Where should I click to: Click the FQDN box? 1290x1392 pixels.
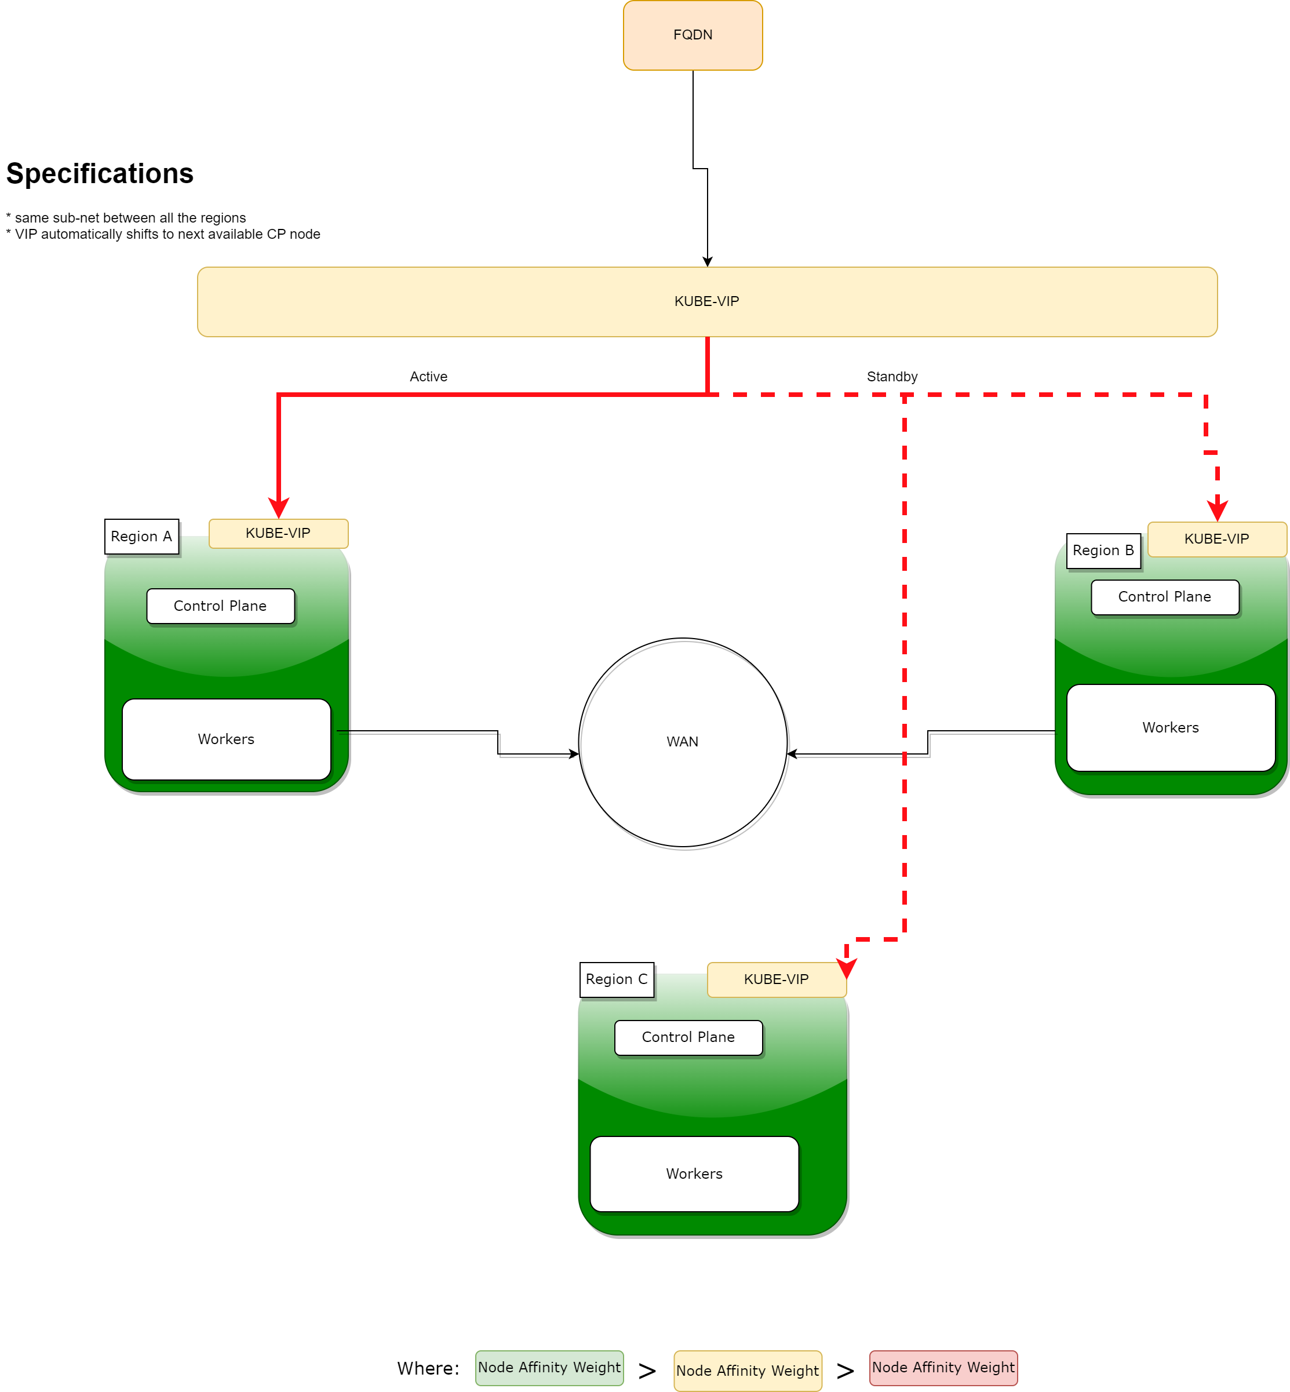pos(693,35)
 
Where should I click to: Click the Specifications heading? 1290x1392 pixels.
pos(100,173)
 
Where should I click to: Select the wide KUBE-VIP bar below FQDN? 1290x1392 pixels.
pos(706,301)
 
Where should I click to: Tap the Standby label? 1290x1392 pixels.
pos(891,376)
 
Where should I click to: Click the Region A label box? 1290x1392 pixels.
pos(142,536)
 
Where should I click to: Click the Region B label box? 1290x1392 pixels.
pos(1103,550)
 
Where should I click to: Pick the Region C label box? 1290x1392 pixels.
pos(617,979)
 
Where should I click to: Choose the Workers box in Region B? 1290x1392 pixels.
pos(1171,727)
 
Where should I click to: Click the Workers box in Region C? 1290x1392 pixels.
pos(694,1174)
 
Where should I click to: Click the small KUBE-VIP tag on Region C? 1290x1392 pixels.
pos(776,979)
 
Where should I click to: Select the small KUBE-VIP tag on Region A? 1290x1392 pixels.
pos(278,533)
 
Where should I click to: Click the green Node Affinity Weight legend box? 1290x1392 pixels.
pos(549,1367)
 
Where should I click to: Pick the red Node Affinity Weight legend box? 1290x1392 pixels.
pos(943,1367)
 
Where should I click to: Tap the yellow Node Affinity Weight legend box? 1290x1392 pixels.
pos(748,1371)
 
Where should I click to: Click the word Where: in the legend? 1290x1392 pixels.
pos(428,1368)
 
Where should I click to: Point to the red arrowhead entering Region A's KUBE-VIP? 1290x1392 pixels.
pos(279,508)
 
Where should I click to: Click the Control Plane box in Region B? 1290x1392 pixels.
pos(1165,596)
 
